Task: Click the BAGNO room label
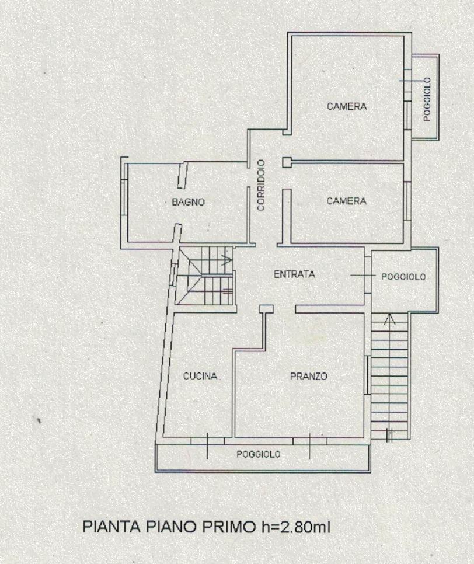[x=188, y=202]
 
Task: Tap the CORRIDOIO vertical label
[x=261, y=185]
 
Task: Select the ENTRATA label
[x=295, y=274]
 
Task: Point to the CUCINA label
[x=200, y=376]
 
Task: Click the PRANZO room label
[x=309, y=376]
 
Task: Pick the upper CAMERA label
[x=347, y=106]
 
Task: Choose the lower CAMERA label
[x=346, y=201]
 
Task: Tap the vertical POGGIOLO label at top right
[x=427, y=99]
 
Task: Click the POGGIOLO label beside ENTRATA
[x=403, y=277]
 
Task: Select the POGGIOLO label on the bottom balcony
[x=258, y=454]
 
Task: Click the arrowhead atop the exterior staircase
[x=389, y=319]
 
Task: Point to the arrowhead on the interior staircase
[x=227, y=259]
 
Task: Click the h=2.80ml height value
[x=294, y=527]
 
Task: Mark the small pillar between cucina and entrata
[x=266, y=308]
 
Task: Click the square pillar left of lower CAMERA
[x=287, y=162]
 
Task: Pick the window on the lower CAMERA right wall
[x=407, y=201]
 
